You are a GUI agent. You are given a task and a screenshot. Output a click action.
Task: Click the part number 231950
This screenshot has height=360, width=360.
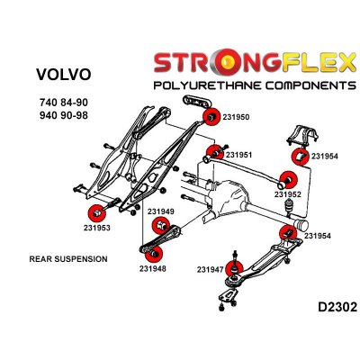[236, 117]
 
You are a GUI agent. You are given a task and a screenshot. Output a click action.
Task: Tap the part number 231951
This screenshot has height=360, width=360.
[238, 155]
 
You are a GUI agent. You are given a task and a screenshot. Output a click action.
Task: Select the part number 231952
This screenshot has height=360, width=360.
[287, 194]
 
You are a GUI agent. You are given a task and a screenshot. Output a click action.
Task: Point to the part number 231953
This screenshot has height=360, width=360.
[97, 228]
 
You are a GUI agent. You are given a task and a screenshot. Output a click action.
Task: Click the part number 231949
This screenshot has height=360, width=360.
[160, 211]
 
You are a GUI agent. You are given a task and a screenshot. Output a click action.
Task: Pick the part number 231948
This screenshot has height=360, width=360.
[152, 268]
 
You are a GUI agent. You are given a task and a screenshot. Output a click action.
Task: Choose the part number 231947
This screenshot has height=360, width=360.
[211, 270]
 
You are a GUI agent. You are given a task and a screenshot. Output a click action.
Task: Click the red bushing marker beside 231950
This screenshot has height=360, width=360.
[211, 117]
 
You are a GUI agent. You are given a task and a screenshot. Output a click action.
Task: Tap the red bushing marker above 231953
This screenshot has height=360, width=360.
[97, 213]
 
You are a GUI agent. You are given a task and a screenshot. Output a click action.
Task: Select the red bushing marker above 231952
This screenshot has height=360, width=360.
[288, 180]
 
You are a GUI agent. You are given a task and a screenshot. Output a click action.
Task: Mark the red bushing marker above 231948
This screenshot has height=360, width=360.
[154, 255]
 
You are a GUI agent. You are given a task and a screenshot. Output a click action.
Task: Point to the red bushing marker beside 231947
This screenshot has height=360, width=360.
[234, 268]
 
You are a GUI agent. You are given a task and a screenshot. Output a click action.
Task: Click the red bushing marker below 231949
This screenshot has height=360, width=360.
[161, 226]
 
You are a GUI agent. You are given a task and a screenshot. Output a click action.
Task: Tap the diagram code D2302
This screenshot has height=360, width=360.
[337, 307]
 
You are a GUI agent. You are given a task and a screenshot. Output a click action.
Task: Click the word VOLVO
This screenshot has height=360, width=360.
[63, 75]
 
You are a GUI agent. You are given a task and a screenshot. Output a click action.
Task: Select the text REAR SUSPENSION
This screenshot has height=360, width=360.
[68, 259]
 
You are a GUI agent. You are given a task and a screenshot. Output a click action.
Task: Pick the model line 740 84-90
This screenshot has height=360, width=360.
[64, 103]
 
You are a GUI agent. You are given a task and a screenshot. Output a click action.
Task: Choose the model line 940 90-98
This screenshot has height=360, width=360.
[64, 115]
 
